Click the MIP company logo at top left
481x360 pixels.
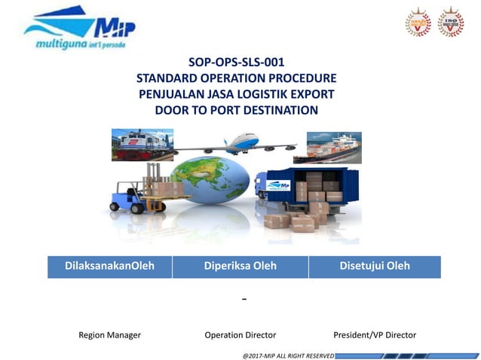[79, 31]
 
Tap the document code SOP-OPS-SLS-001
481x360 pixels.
[236, 63]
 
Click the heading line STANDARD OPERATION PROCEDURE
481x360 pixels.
[236, 78]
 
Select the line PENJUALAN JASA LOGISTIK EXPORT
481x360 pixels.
[236, 94]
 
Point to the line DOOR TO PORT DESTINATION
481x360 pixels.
[236, 110]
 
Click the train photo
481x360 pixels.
[142, 145]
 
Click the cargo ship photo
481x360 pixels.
[333, 148]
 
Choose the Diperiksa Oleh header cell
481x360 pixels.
[240, 266]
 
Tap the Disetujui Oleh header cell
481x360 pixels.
[375, 266]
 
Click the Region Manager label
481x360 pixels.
[109, 334]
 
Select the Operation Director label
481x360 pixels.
[240, 334]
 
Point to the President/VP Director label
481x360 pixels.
[375, 334]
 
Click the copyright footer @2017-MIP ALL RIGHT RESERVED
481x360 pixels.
[288, 354]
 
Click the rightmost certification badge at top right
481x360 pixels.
[451, 23]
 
